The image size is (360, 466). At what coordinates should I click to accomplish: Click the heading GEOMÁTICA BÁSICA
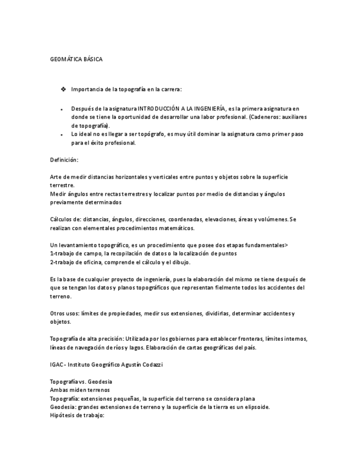pyautogui.click(x=76, y=59)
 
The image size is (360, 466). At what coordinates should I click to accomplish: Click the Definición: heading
pyautogui.click(x=64, y=160)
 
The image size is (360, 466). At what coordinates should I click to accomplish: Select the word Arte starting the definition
pyautogui.click(x=56, y=177)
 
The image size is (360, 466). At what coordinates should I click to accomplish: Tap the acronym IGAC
pyautogui.click(x=57, y=364)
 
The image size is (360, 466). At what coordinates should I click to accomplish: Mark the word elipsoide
pyautogui.click(x=253, y=407)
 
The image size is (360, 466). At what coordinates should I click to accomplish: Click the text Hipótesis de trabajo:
pyautogui.click(x=77, y=415)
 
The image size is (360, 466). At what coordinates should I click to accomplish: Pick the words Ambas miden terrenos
pyautogui.click(x=79, y=390)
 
